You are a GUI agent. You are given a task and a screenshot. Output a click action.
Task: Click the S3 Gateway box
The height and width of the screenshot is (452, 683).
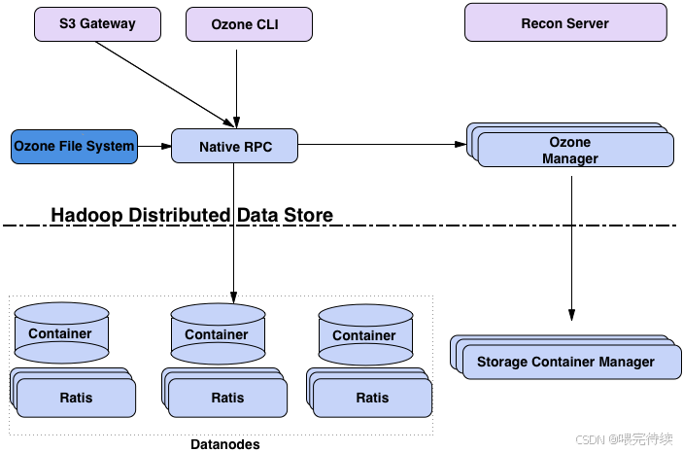(x=97, y=24)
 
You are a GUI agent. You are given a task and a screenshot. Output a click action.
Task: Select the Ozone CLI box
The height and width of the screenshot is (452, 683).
(x=249, y=24)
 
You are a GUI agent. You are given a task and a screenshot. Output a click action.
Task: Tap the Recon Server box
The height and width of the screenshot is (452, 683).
(x=565, y=22)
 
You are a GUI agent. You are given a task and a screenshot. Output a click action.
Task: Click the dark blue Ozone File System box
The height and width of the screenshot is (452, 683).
(x=74, y=147)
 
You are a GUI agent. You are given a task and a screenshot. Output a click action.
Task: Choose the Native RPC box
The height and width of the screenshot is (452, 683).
(x=235, y=146)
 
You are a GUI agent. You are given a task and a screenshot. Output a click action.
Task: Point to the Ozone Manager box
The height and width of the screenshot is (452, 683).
(x=570, y=145)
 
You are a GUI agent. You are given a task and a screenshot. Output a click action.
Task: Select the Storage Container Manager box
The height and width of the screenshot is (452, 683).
(x=565, y=358)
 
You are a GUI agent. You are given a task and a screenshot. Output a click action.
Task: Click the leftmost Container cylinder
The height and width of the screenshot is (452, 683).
(x=61, y=333)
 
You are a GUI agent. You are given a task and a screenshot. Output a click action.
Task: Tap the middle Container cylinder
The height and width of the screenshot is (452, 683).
(x=218, y=334)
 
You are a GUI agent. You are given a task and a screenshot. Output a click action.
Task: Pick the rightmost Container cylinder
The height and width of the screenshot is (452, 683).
(x=365, y=335)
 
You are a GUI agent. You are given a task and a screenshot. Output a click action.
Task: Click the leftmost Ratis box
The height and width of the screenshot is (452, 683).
(x=73, y=393)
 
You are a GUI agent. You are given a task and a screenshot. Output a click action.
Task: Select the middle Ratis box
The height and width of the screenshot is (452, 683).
(x=224, y=393)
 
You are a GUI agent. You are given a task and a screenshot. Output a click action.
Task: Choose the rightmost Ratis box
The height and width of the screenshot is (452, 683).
(x=369, y=393)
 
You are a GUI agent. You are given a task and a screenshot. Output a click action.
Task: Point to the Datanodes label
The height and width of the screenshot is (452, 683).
(x=225, y=444)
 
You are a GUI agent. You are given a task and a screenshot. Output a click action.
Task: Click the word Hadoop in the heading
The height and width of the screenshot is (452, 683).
(x=86, y=216)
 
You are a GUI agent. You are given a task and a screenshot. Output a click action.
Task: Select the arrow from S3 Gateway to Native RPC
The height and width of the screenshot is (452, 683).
(x=165, y=85)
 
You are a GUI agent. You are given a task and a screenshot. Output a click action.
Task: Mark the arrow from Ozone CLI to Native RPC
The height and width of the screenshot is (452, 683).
(x=236, y=88)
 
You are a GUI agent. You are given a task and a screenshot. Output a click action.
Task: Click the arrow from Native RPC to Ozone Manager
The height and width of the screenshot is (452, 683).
(x=382, y=144)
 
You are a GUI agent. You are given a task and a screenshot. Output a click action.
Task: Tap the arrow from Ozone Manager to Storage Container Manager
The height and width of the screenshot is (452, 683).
(x=571, y=249)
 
